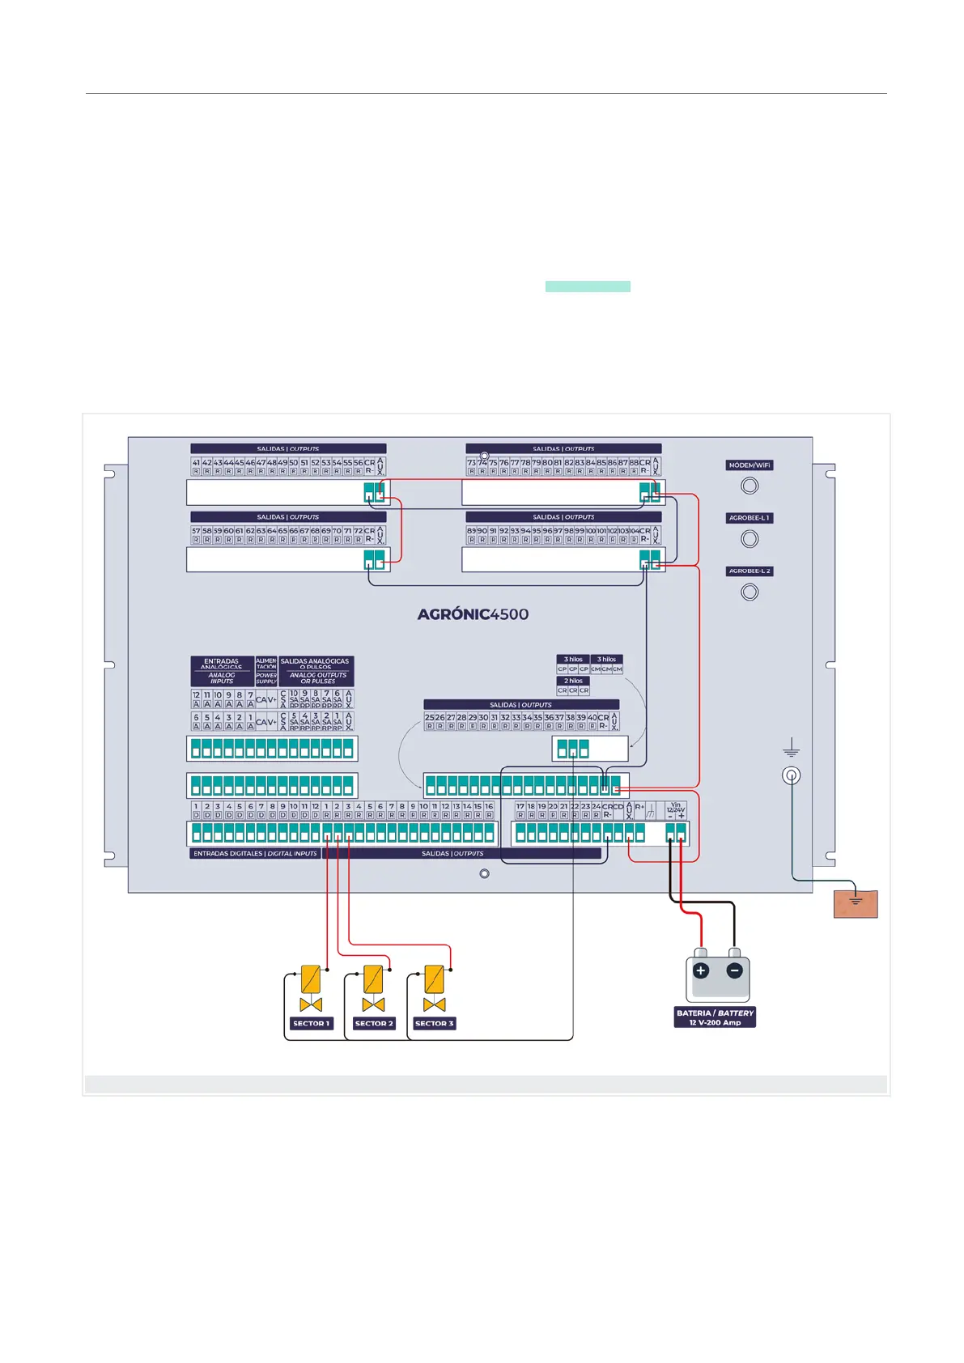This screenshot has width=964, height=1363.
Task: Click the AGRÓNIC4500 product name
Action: click(473, 614)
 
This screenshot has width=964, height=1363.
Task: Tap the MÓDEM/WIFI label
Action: click(749, 465)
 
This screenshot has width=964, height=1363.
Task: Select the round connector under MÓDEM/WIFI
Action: click(750, 486)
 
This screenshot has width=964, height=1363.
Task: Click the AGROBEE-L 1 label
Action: click(749, 518)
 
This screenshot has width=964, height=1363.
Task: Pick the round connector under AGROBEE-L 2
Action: click(750, 592)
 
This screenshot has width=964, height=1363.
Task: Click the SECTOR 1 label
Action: click(312, 1024)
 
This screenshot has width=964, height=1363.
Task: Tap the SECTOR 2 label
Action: click(374, 1024)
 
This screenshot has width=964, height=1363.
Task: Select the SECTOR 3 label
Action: click(435, 1024)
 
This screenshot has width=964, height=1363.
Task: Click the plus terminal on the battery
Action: click(701, 970)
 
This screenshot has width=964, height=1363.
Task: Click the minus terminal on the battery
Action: click(735, 970)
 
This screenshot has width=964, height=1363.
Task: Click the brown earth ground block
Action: click(856, 904)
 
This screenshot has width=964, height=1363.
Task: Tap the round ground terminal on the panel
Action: click(791, 775)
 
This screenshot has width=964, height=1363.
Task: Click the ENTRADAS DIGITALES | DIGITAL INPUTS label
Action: click(255, 853)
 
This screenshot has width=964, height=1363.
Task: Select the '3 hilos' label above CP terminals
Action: click(573, 660)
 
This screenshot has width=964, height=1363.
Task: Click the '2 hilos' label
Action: click(573, 681)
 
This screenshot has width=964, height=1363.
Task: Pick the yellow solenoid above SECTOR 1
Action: click(311, 979)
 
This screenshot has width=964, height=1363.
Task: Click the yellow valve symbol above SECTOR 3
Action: click(435, 1004)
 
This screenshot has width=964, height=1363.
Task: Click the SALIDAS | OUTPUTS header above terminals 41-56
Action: click(288, 448)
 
